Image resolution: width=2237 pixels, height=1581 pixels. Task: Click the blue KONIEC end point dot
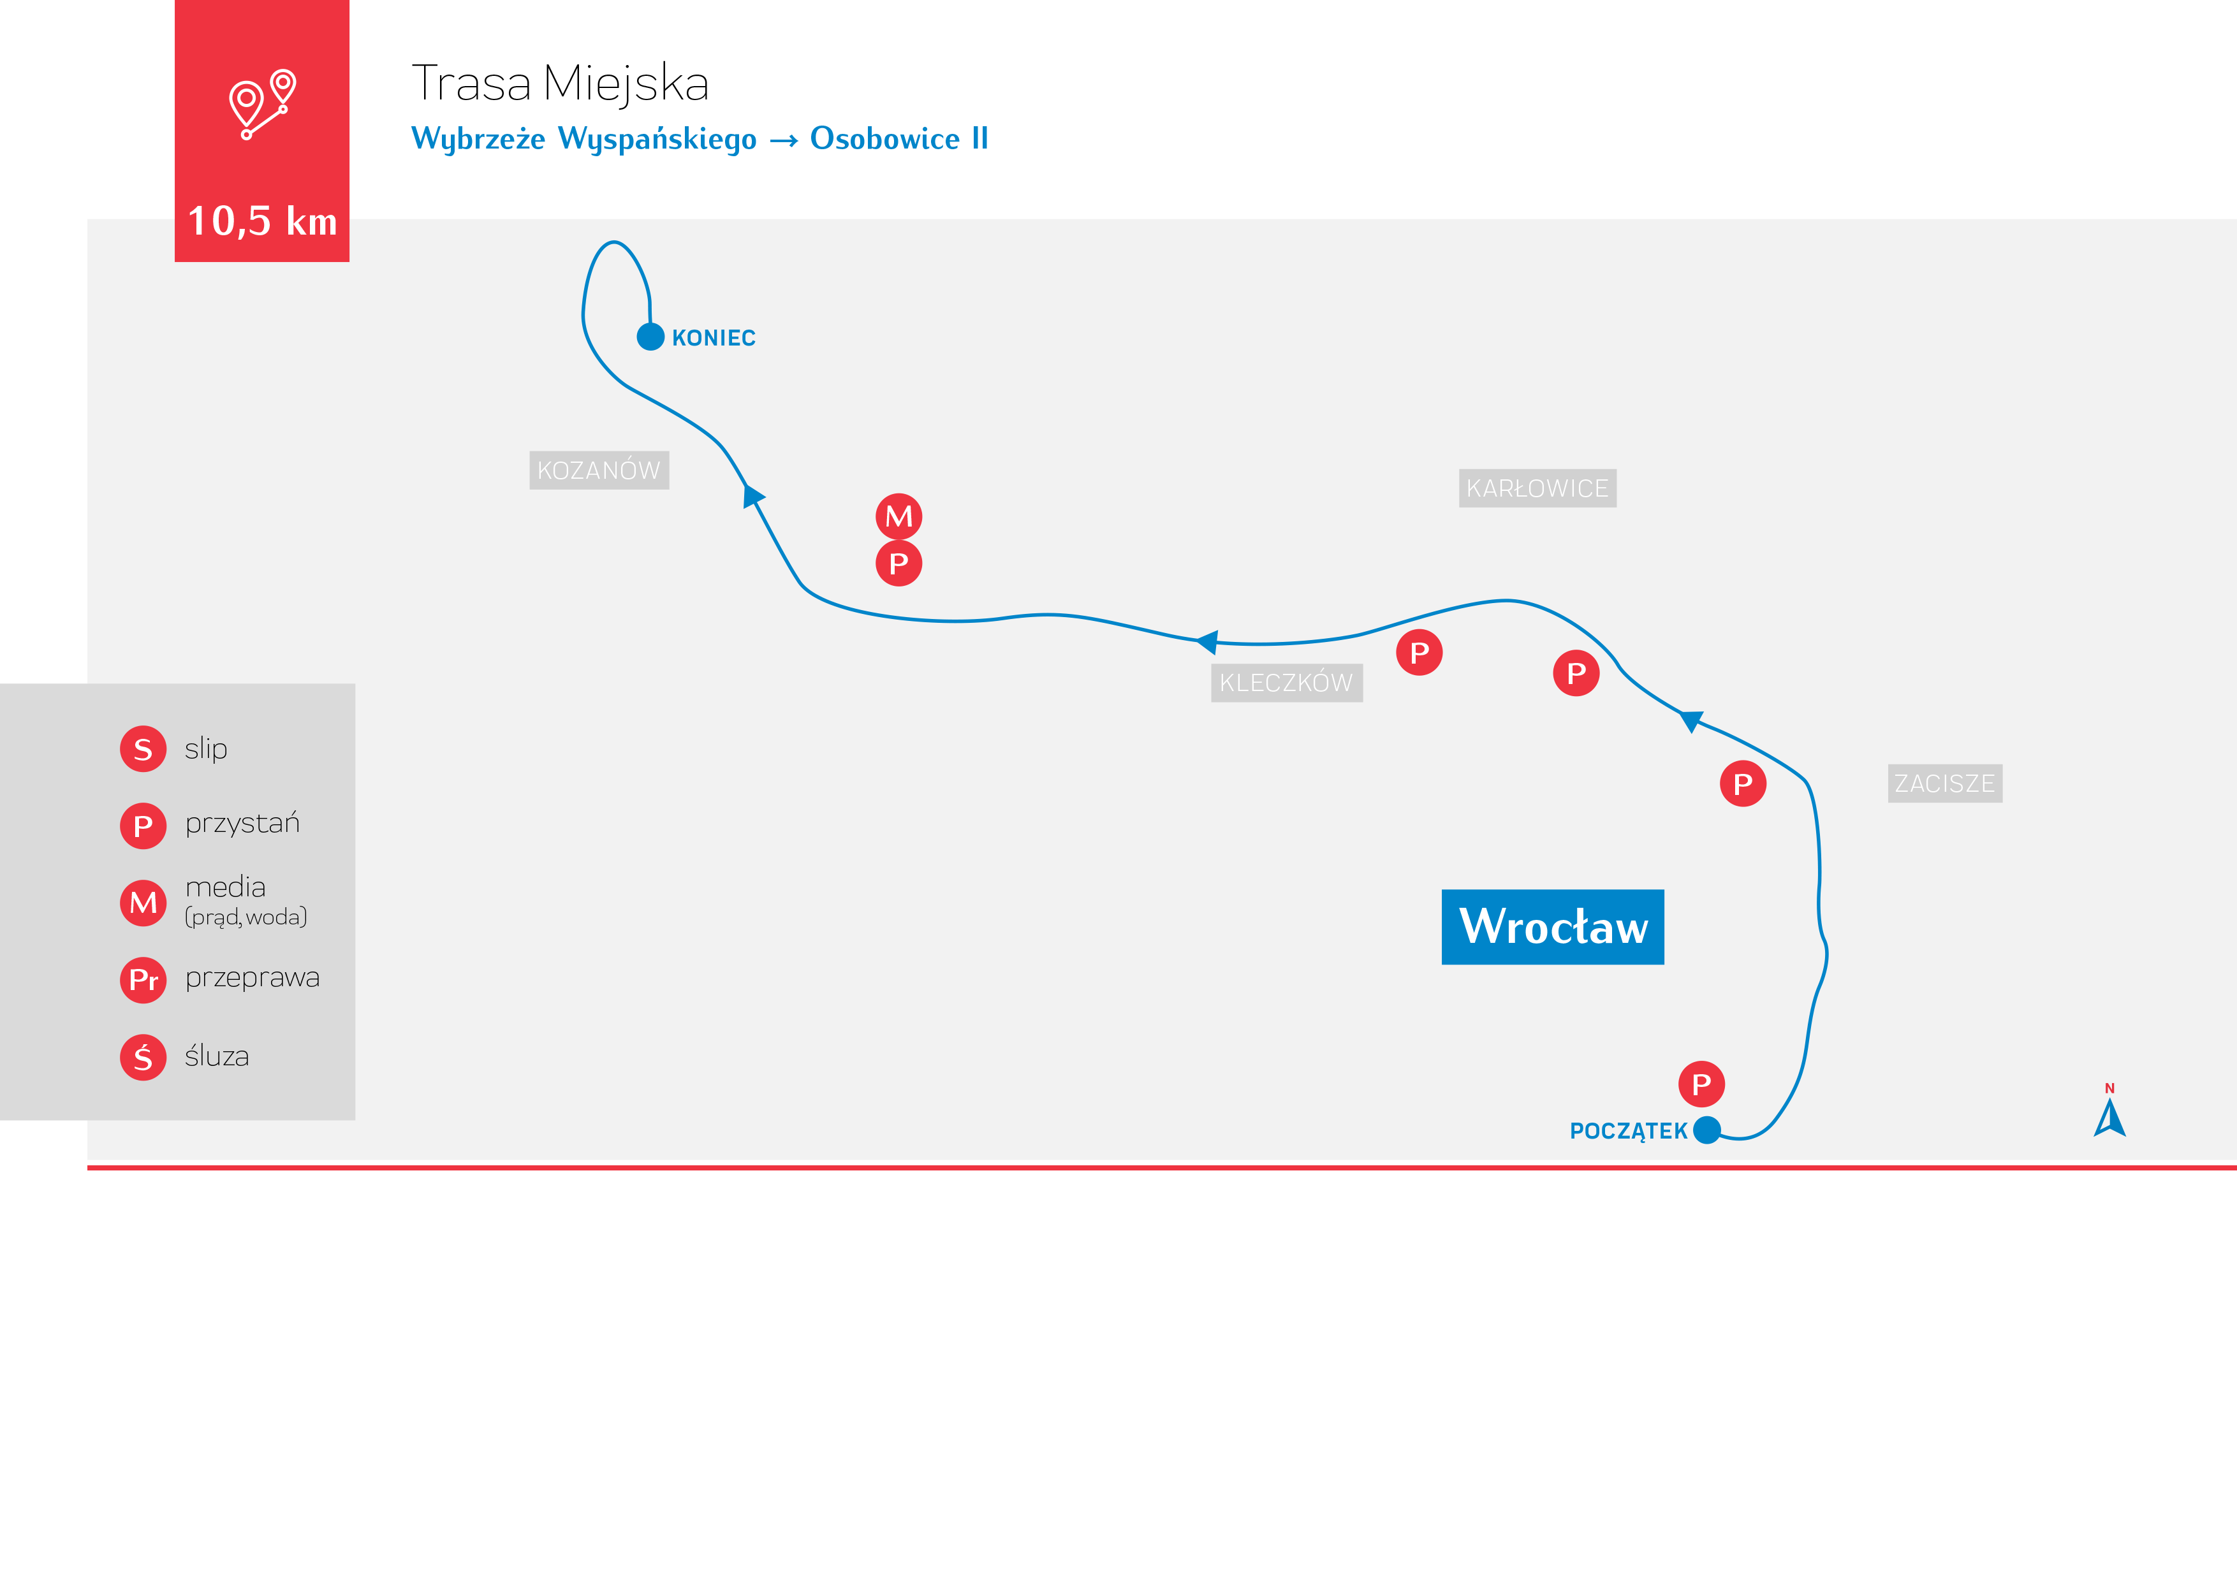pyautogui.click(x=650, y=337)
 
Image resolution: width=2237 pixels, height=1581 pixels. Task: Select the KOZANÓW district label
pyautogui.click(x=598, y=470)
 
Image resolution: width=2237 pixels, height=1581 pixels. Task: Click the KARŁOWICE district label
pyautogui.click(x=1536, y=488)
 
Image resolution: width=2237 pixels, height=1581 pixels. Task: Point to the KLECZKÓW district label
pyautogui.click(x=1286, y=683)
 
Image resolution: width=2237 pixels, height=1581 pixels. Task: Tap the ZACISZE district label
pyautogui.click(x=1945, y=783)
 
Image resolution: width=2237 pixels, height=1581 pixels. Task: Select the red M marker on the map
pyautogui.click(x=898, y=516)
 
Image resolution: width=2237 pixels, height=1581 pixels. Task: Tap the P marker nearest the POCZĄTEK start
pyautogui.click(x=1701, y=1084)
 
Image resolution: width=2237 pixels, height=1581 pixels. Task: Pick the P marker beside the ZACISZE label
pyautogui.click(x=1743, y=784)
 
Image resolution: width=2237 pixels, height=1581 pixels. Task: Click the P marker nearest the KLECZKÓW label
pyautogui.click(x=1419, y=653)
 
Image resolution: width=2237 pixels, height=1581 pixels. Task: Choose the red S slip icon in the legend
pyautogui.click(x=143, y=749)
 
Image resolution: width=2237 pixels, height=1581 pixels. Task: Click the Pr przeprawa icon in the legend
pyautogui.click(x=143, y=980)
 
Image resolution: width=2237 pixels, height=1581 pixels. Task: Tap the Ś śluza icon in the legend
pyautogui.click(x=143, y=1058)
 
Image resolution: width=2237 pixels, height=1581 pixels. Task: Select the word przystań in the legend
pyautogui.click(x=242, y=824)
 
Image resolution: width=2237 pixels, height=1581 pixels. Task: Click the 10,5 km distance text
pyautogui.click(x=262, y=222)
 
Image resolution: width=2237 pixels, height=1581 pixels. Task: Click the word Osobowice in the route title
pyautogui.click(x=884, y=140)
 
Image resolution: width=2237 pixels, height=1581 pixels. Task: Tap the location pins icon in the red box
pyautogui.click(x=262, y=104)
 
